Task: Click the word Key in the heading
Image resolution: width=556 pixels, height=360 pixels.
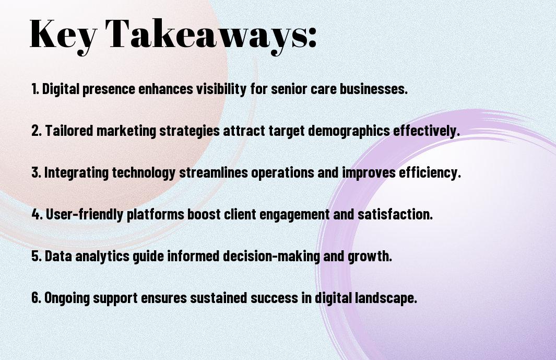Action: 63,35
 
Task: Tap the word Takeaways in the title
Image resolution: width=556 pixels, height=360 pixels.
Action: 206,35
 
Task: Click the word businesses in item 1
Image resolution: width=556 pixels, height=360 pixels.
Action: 374,89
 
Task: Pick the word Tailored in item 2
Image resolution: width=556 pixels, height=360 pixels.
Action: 69,131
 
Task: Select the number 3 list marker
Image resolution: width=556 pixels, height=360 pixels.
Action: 36,172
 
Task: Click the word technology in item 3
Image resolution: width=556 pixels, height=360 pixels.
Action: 144,173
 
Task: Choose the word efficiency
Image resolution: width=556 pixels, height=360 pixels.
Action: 430,173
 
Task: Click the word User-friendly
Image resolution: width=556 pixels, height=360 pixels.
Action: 85,214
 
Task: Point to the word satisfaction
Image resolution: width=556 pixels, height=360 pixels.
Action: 395,214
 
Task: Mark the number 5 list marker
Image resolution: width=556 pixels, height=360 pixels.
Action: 36,256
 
